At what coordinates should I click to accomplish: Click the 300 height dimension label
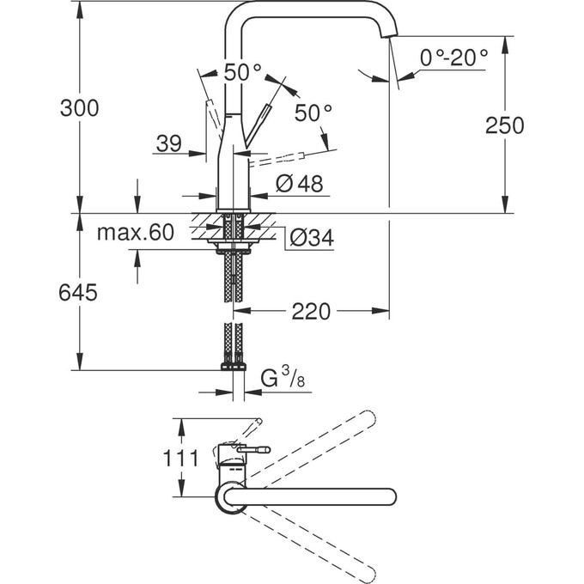point(79,109)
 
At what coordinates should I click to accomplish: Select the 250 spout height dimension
point(504,125)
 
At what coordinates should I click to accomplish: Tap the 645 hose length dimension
point(79,293)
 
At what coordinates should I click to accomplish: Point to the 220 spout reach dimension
point(311,312)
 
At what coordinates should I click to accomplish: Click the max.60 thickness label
point(135,232)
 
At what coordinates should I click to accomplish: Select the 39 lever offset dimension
point(171,144)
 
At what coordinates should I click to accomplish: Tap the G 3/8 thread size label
point(278,379)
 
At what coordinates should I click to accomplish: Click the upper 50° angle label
point(242,73)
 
